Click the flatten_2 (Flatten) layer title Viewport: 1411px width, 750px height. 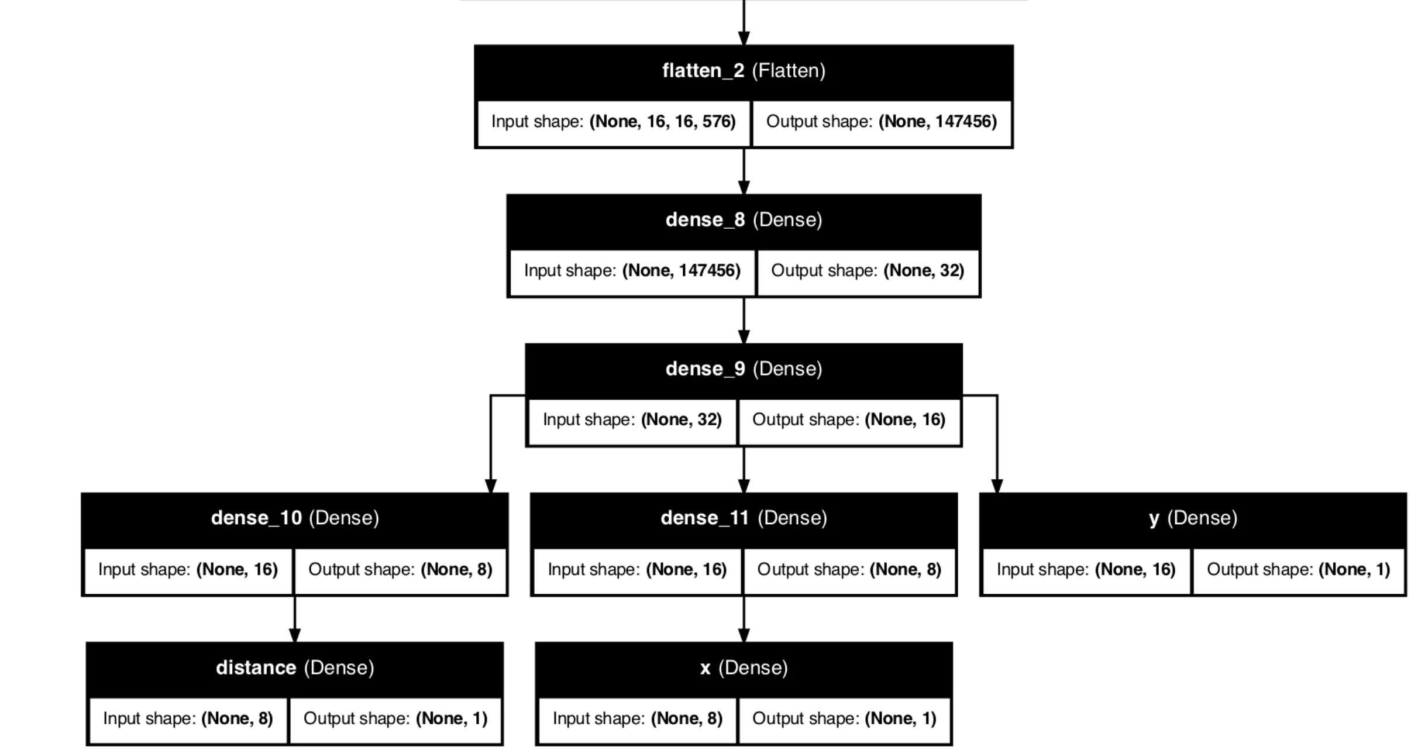point(744,71)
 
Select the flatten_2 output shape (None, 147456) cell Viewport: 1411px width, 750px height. point(881,122)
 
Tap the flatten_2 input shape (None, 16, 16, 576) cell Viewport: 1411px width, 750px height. point(613,122)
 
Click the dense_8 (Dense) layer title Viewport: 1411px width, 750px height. point(744,220)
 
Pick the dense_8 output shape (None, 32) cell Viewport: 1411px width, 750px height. point(868,271)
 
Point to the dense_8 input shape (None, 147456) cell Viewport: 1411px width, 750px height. point(632,271)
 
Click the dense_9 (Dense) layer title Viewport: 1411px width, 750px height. point(744,369)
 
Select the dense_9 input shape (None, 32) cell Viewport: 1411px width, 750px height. point(632,420)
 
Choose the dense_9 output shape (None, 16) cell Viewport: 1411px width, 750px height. point(849,420)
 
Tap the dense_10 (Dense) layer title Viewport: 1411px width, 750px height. point(295,518)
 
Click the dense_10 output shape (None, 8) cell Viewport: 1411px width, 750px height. point(400,570)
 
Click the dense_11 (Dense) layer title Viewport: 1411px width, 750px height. point(744,518)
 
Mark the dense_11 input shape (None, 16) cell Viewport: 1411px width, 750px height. point(637,570)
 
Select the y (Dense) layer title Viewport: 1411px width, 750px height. point(1193,518)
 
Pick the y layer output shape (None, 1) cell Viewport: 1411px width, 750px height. point(1298,570)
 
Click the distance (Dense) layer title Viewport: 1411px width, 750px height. point(295,668)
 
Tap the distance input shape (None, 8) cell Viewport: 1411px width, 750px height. point(188,719)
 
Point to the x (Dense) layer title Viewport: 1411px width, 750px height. point(744,668)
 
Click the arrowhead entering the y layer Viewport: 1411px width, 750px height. point(997,486)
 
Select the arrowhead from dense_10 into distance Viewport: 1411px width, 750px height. point(295,635)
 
